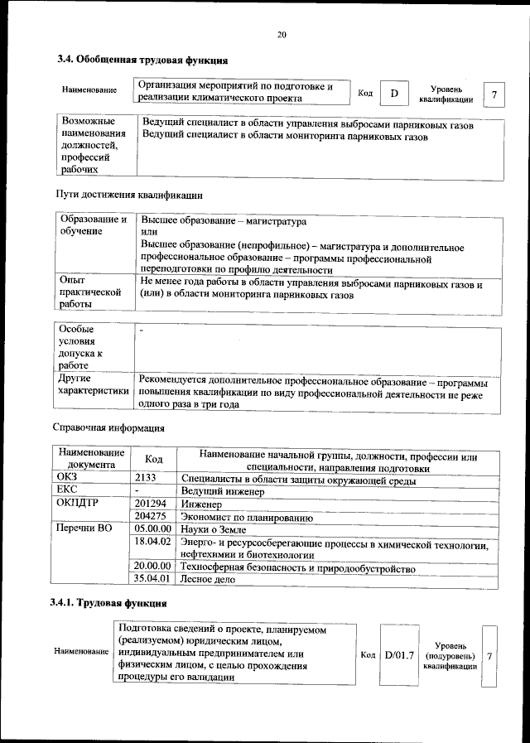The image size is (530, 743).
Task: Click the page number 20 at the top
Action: (x=281, y=35)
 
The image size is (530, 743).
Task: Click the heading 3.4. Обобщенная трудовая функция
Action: (x=142, y=60)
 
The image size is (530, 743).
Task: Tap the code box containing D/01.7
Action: (x=398, y=656)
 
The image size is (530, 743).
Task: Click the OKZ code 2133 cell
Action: (x=146, y=477)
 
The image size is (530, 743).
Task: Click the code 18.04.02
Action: (x=152, y=542)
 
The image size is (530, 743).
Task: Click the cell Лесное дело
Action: (x=208, y=580)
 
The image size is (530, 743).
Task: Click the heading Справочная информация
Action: (x=108, y=429)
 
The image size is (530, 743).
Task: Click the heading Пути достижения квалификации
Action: (x=128, y=195)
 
